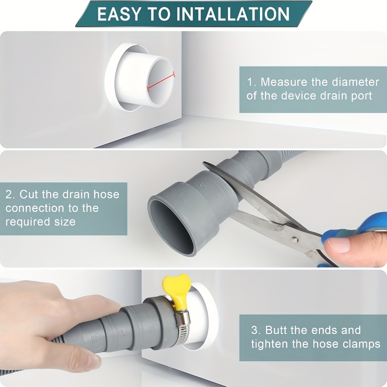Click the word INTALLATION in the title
233,14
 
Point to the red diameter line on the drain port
161,81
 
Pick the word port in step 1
361,96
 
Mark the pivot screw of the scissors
294,239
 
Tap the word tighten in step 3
269,344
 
